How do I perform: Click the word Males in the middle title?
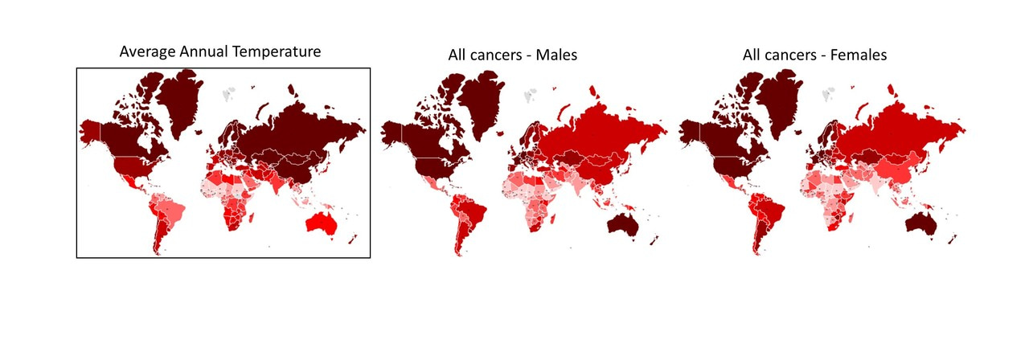pyautogui.click(x=555, y=55)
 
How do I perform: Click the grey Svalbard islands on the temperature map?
pyautogui.click(x=230, y=93)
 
